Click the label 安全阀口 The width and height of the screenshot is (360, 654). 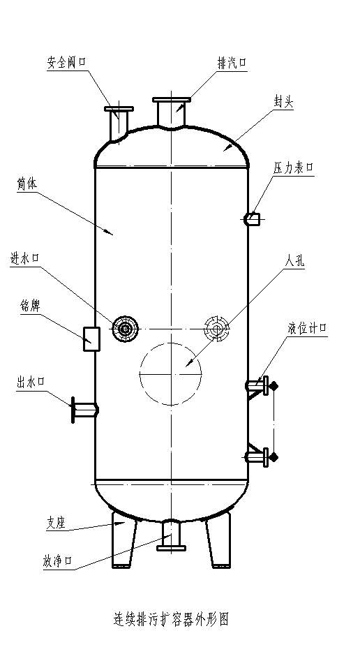pos(66,63)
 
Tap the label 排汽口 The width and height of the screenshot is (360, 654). pos(232,64)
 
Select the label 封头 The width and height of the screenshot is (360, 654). pos(284,102)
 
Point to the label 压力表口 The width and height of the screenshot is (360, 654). pos(293,168)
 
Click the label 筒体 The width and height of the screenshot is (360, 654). pos(27,185)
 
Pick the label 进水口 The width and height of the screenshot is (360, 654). pos(24,258)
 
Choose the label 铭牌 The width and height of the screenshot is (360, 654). pos(30,306)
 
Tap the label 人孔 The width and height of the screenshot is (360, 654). pos(294,261)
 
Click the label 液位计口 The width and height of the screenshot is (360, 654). pos(306,329)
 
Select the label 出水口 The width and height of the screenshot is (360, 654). pos(31,382)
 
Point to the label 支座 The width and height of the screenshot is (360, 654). pos(56,523)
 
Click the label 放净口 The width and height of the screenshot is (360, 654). pos(58,561)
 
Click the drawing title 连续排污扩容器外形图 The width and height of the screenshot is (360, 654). pos(172,618)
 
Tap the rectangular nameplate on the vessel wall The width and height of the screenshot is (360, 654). pos(92,339)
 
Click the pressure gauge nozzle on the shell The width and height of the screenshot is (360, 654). pos(252,219)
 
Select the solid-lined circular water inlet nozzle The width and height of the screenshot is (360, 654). pos(125,329)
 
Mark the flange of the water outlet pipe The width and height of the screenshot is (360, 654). pos(73,410)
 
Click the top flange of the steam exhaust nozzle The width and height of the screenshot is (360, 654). pos(172,100)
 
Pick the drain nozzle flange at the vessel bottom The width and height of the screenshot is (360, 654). pos(171,548)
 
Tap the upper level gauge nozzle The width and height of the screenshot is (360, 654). pos(257,386)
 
